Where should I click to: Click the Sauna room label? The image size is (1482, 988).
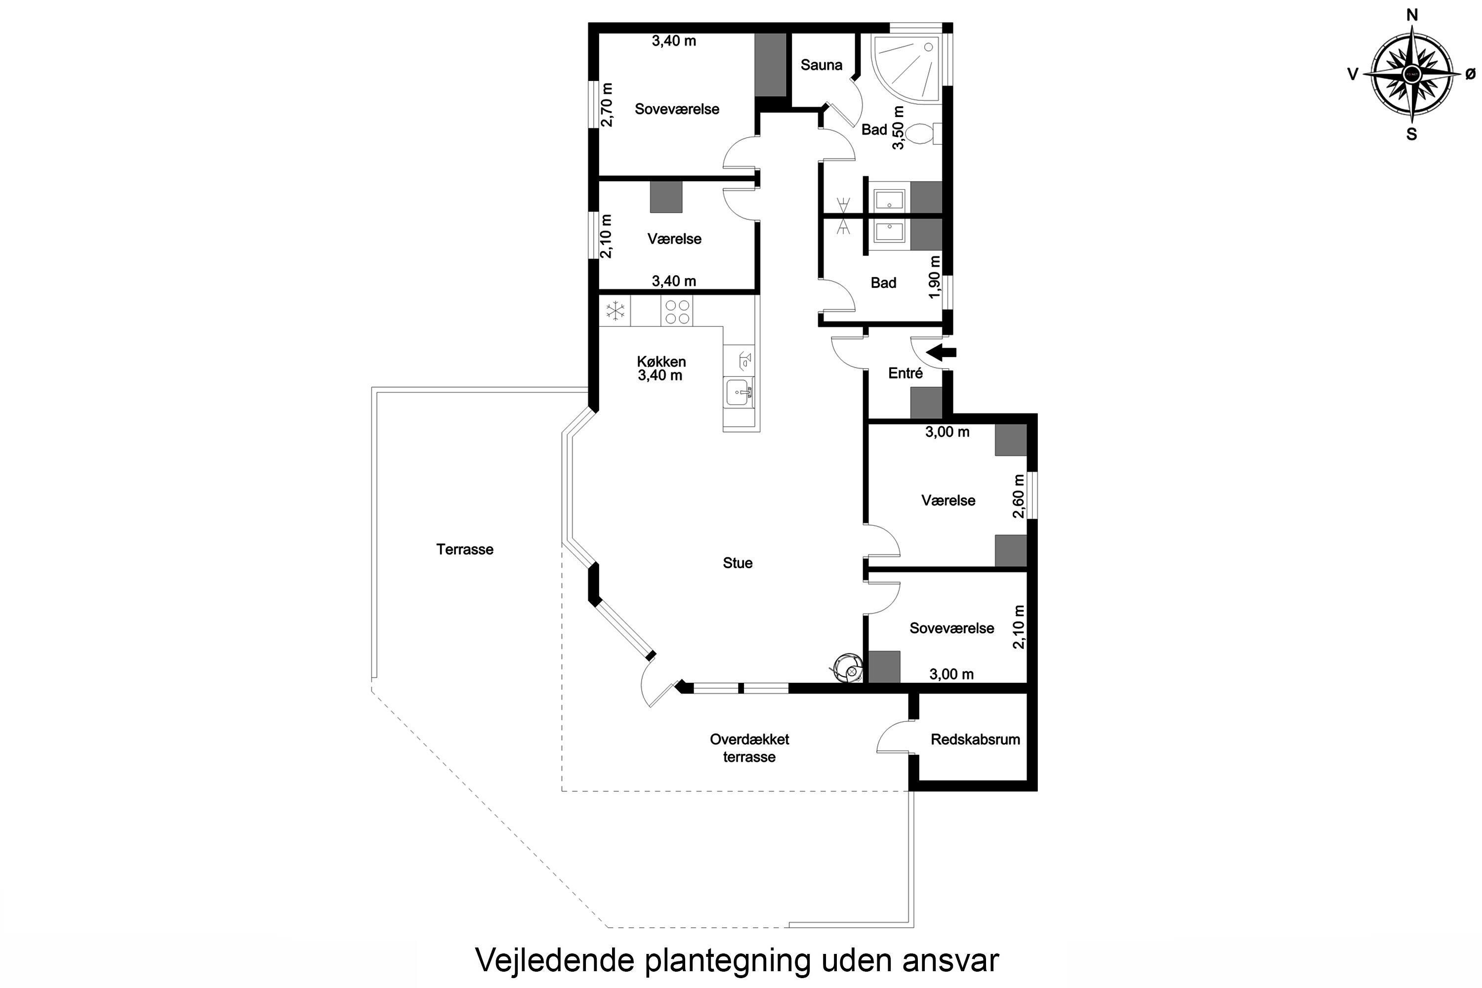tap(821, 65)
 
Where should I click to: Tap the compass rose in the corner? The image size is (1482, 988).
tap(1411, 75)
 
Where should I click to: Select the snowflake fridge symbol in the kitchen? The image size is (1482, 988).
tap(615, 311)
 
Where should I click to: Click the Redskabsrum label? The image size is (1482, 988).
tap(975, 740)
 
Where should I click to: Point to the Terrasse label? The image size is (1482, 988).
tap(465, 549)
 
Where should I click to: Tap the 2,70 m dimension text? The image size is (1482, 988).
tap(607, 105)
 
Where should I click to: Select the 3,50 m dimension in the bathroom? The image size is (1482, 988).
tap(899, 127)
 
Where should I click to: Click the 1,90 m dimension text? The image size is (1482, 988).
tap(935, 277)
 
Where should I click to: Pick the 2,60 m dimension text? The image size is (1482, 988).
tap(1018, 496)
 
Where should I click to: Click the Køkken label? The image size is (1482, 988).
tap(661, 362)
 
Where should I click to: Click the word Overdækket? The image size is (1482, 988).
tap(749, 739)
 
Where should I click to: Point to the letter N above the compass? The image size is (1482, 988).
tap(1412, 15)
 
